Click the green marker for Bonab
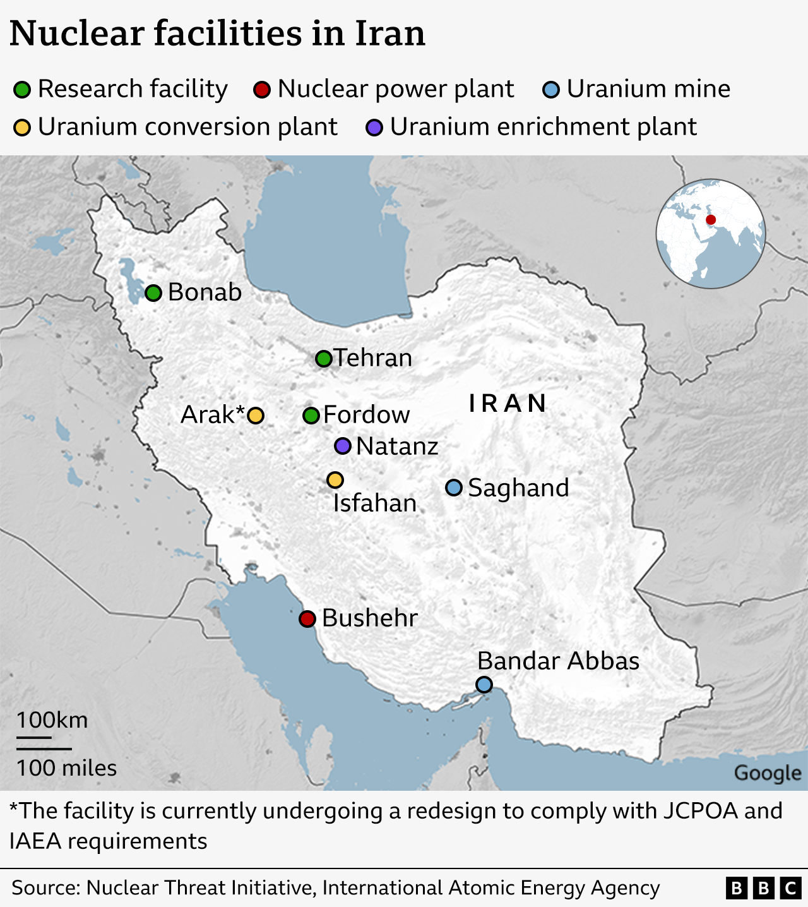pos(153,293)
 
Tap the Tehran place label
pos(373,358)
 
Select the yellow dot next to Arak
pos(256,416)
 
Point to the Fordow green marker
pos(311,416)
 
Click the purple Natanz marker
pos(343,446)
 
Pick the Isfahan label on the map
pos(375,503)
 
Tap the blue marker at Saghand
pos(454,488)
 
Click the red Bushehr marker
pos(307,618)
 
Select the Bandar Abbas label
pos(558,661)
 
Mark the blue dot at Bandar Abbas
pos(484,684)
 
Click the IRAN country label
pos(508,404)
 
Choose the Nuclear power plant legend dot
pos(262,90)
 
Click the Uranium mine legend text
pos(648,89)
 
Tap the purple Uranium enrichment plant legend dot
pos(374,128)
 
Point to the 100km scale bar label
pos(52,720)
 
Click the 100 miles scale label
pos(66,768)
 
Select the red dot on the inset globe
pos(711,220)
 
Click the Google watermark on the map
pos(768,773)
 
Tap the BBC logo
pos(763,888)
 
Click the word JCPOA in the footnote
pos(700,810)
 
